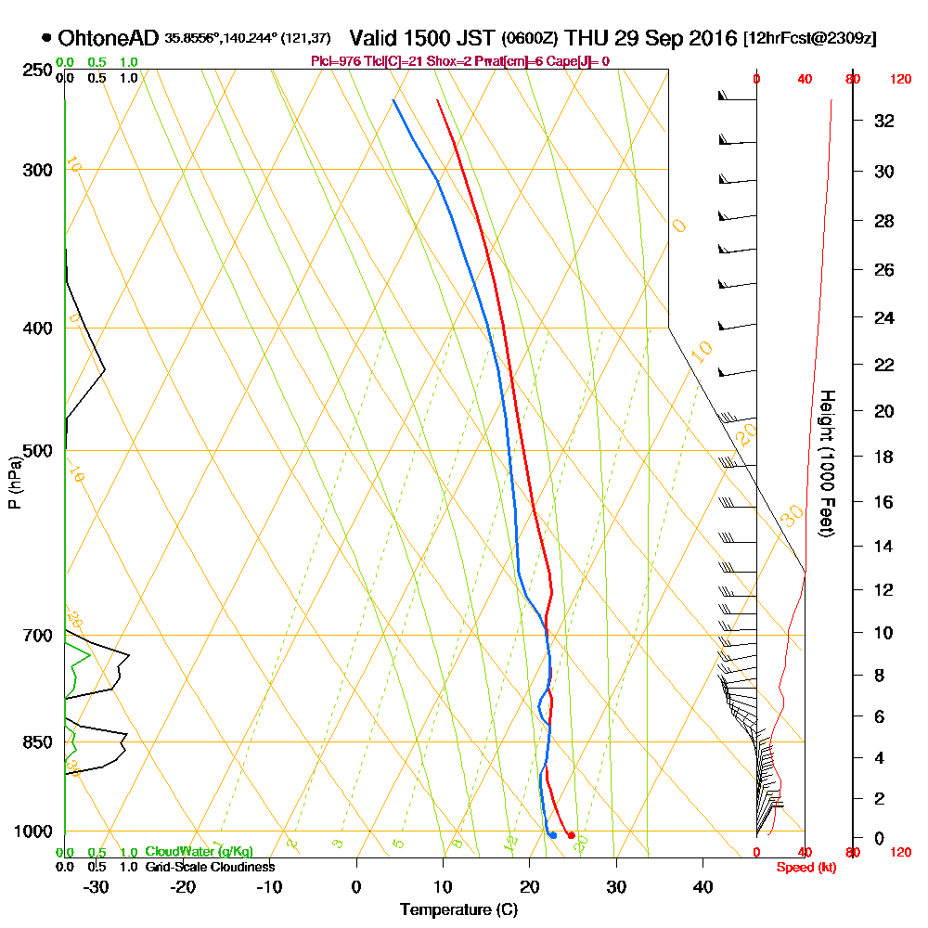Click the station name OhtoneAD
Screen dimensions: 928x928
(110, 38)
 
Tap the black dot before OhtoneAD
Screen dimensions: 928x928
(47, 38)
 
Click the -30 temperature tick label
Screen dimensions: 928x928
(96, 886)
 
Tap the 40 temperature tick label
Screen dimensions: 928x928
(702, 886)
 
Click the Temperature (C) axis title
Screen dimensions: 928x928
(458, 909)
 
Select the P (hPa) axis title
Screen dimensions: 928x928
(14, 482)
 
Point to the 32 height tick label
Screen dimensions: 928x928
(885, 121)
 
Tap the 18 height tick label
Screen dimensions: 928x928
(885, 457)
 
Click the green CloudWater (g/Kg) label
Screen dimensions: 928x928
(200, 852)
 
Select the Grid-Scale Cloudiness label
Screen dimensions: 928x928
(210, 867)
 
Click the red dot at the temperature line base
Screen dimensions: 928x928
(570, 835)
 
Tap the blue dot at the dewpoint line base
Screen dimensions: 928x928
(552, 835)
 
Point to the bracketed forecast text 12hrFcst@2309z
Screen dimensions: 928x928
(810, 39)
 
